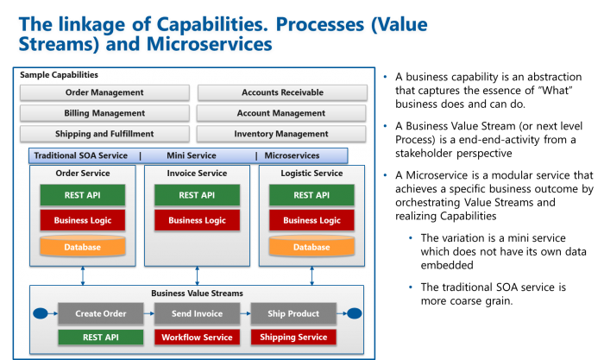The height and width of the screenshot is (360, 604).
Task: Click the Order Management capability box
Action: click(104, 92)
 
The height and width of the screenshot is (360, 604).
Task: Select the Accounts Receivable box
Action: click(280, 92)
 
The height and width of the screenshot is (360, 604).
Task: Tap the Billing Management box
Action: click(104, 113)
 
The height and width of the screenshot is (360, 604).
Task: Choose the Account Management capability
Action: click(280, 113)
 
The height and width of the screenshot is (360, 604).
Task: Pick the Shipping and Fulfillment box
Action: click(104, 134)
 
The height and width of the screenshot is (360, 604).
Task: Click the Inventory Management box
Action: click(280, 134)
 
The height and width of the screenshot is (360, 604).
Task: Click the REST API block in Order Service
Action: click(82, 195)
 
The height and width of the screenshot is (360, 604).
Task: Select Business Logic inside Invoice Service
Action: click(197, 220)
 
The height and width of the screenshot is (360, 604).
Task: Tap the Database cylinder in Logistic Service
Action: click(311, 247)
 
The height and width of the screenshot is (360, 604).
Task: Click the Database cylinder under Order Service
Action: click(82, 247)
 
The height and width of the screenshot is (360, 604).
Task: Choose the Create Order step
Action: click(100, 313)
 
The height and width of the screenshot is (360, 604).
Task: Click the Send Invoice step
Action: click(197, 313)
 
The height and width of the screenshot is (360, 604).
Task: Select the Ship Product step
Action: click(293, 313)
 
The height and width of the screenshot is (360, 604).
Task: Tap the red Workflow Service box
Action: click(197, 337)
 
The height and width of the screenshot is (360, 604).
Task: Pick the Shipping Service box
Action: click(293, 337)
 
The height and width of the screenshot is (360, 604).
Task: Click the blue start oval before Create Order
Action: click(39, 313)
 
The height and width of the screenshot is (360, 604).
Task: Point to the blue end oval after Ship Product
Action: click(354, 313)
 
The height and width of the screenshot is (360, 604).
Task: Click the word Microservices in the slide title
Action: click(215, 42)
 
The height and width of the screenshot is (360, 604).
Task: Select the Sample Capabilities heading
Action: click(59, 75)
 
